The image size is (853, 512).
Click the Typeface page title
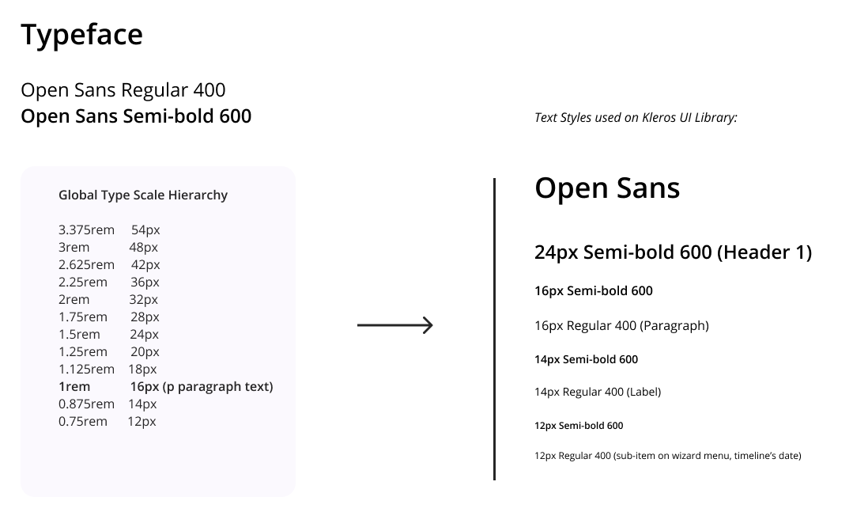click(x=81, y=36)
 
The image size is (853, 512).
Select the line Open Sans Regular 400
click(x=123, y=90)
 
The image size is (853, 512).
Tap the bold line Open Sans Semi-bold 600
click(x=135, y=116)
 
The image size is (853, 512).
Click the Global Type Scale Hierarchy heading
click(x=142, y=195)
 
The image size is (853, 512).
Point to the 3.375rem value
click(x=87, y=230)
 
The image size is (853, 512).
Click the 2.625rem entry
click(x=86, y=265)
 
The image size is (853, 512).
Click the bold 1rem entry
click(x=74, y=387)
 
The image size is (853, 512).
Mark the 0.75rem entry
click(x=82, y=422)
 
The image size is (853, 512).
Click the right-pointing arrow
click(x=394, y=325)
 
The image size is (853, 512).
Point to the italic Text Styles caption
click(x=636, y=118)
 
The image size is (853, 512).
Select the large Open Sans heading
click(x=606, y=188)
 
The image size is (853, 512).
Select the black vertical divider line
click(x=494, y=328)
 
